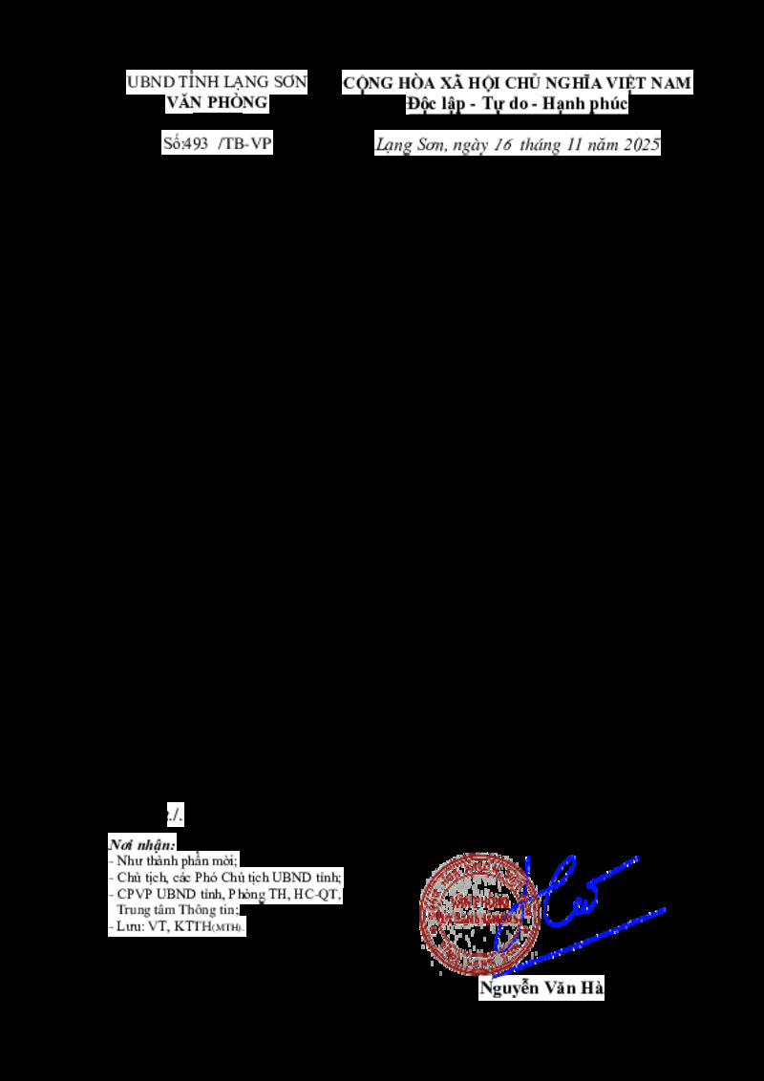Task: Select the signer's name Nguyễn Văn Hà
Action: [541, 989]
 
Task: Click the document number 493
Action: [197, 144]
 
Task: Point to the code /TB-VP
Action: [245, 144]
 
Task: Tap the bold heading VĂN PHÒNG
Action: [217, 103]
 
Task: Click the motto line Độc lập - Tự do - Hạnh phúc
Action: [516, 104]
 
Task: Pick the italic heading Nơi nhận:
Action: [142, 845]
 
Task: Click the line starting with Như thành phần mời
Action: [176, 860]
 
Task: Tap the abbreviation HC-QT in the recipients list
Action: [319, 894]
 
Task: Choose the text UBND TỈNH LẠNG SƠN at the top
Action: [217, 83]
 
